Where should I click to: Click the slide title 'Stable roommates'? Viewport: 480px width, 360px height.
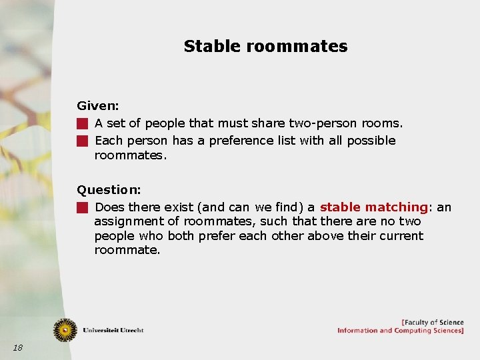point(265,46)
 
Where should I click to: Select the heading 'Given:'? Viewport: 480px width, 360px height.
point(97,105)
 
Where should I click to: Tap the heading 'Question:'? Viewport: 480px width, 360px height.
point(108,189)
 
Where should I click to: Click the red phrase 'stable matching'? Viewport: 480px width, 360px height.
point(373,207)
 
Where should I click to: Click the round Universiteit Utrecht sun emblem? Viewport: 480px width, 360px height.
point(65,329)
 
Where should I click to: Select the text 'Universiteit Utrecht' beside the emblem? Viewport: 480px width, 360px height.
point(113,330)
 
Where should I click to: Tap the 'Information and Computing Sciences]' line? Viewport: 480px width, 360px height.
point(400,331)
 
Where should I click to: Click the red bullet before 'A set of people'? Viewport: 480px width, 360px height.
point(81,123)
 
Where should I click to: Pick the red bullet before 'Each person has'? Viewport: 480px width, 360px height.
point(81,141)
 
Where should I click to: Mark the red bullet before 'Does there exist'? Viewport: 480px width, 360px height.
point(81,207)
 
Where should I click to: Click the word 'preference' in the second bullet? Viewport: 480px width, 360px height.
point(237,141)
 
